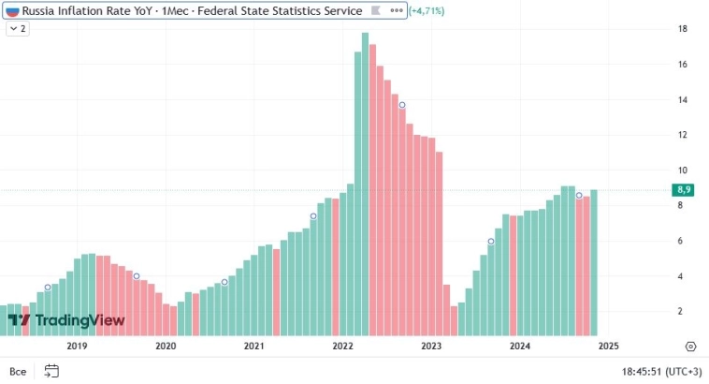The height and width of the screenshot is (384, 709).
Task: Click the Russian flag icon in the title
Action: (12, 10)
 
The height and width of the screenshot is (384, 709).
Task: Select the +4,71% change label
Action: (427, 10)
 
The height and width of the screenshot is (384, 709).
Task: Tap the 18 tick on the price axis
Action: (684, 29)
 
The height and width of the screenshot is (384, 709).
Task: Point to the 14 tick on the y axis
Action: (684, 99)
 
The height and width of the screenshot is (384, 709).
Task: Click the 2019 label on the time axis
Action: (77, 346)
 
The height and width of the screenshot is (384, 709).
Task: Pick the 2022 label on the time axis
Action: (342, 346)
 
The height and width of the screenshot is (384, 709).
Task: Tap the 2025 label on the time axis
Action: (608, 346)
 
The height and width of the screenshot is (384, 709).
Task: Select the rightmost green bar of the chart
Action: (593, 262)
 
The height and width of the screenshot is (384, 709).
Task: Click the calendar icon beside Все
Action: (51, 371)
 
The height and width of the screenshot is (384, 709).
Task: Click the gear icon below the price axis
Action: (690, 346)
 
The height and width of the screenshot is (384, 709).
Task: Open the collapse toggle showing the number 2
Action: (17, 29)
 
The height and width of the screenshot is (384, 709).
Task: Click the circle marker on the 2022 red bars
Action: (402, 104)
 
